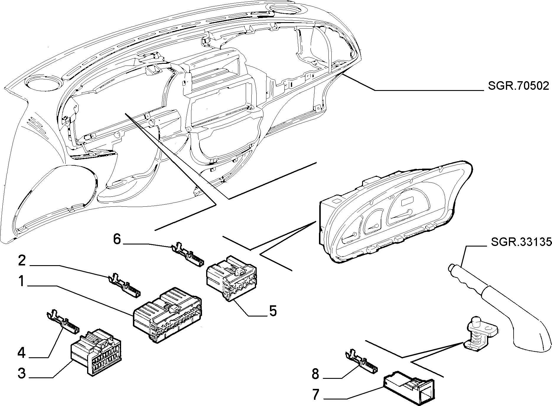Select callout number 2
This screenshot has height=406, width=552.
tap(22, 261)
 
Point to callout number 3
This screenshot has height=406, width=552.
tap(22, 373)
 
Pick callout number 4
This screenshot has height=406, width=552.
tap(22, 353)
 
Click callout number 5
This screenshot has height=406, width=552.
tap(272, 311)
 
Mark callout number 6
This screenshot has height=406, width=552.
tap(117, 239)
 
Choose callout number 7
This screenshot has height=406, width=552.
tap(316, 395)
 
